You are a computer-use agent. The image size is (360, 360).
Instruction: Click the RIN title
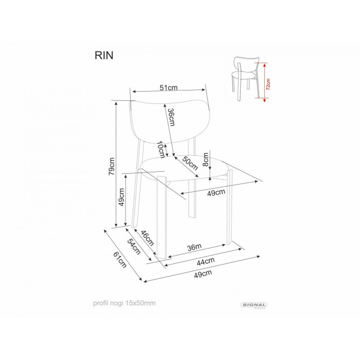click(104, 56)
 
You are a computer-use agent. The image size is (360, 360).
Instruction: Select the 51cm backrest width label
click(169, 87)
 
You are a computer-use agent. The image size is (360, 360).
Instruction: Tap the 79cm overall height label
click(112, 166)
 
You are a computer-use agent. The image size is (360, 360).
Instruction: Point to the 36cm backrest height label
click(171, 117)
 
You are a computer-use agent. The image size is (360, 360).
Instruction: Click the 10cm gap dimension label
click(161, 150)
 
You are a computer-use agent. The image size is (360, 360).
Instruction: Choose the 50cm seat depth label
click(190, 163)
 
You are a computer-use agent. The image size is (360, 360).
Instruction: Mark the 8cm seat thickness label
click(206, 159)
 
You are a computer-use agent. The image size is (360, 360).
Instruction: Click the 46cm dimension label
click(147, 238)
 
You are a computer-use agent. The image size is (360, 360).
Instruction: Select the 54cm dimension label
click(134, 246)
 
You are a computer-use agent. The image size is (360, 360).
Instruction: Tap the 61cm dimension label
click(120, 260)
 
